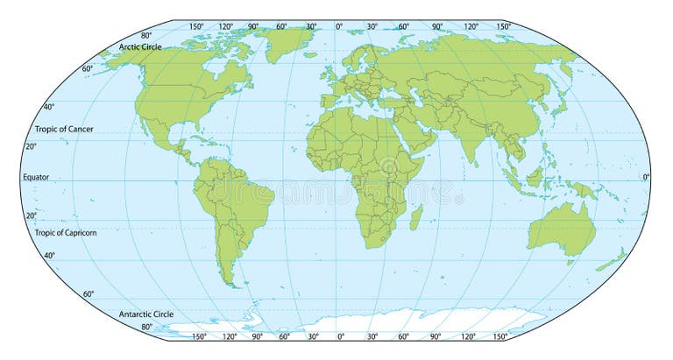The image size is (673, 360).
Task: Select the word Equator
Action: [x=36, y=177]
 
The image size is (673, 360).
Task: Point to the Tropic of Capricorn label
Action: [x=66, y=233]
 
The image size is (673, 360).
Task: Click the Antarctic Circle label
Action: [x=145, y=314]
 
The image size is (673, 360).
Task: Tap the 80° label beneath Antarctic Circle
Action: [x=146, y=327]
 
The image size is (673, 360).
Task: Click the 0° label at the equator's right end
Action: [x=647, y=177]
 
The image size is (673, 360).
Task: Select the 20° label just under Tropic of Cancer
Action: [x=30, y=145]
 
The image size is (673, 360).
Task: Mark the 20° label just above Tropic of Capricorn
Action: [x=30, y=215]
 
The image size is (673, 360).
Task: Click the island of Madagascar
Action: [x=416, y=215]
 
